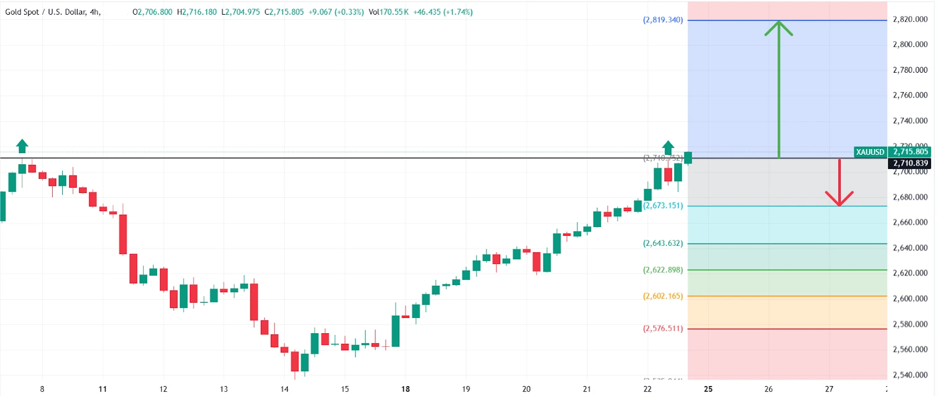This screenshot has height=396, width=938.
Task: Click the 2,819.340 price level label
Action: click(x=662, y=20)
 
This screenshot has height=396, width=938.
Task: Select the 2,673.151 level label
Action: click(x=662, y=206)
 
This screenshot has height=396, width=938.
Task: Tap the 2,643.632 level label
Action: click(x=662, y=243)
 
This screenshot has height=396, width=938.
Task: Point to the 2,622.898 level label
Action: click(x=662, y=270)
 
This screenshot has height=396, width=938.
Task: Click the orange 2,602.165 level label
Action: click(x=662, y=296)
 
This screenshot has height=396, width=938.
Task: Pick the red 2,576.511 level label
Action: click(x=662, y=329)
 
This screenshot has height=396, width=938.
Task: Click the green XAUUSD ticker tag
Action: click(x=870, y=152)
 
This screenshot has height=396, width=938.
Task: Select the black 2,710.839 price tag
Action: click(x=910, y=163)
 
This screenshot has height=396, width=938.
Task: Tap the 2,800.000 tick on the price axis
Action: click(x=910, y=45)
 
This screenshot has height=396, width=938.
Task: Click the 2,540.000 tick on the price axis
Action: click(x=910, y=375)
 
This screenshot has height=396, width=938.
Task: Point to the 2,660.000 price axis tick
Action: click(x=910, y=222)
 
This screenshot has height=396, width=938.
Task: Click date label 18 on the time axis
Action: click(x=405, y=389)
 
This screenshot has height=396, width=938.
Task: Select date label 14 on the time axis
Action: click(x=284, y=389)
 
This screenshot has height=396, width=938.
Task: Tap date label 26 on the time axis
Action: click(x=769, y=389)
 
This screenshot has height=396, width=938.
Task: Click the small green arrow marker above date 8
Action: click(x=22, y=145)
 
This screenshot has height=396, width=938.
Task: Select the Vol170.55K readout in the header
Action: click(x=389, y=12)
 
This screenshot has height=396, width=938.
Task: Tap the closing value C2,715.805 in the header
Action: click(x=284, y=12)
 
